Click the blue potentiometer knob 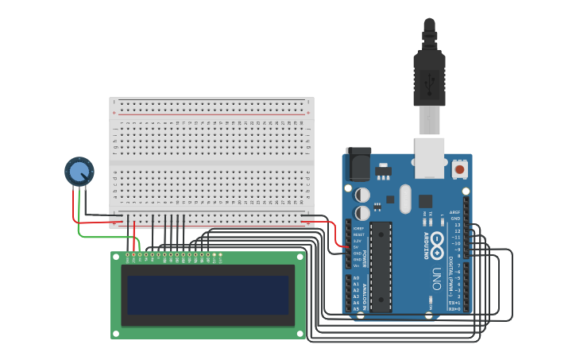point(79,171)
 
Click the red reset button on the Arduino point(459,169)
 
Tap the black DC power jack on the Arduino point(359,166)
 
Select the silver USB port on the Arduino point(430,157)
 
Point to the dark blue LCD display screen point(208,295)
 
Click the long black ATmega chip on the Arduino point(381,266)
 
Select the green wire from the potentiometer point(103,236)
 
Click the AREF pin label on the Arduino point(455,213)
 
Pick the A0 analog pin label point(356,278)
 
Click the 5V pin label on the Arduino point(358,247)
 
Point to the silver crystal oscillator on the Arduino point(404,199)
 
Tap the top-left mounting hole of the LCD point(116,257)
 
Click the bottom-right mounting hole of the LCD point(300,334)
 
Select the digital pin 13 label point(457,225)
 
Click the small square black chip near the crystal point(425,201)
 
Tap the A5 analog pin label point(356,308)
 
